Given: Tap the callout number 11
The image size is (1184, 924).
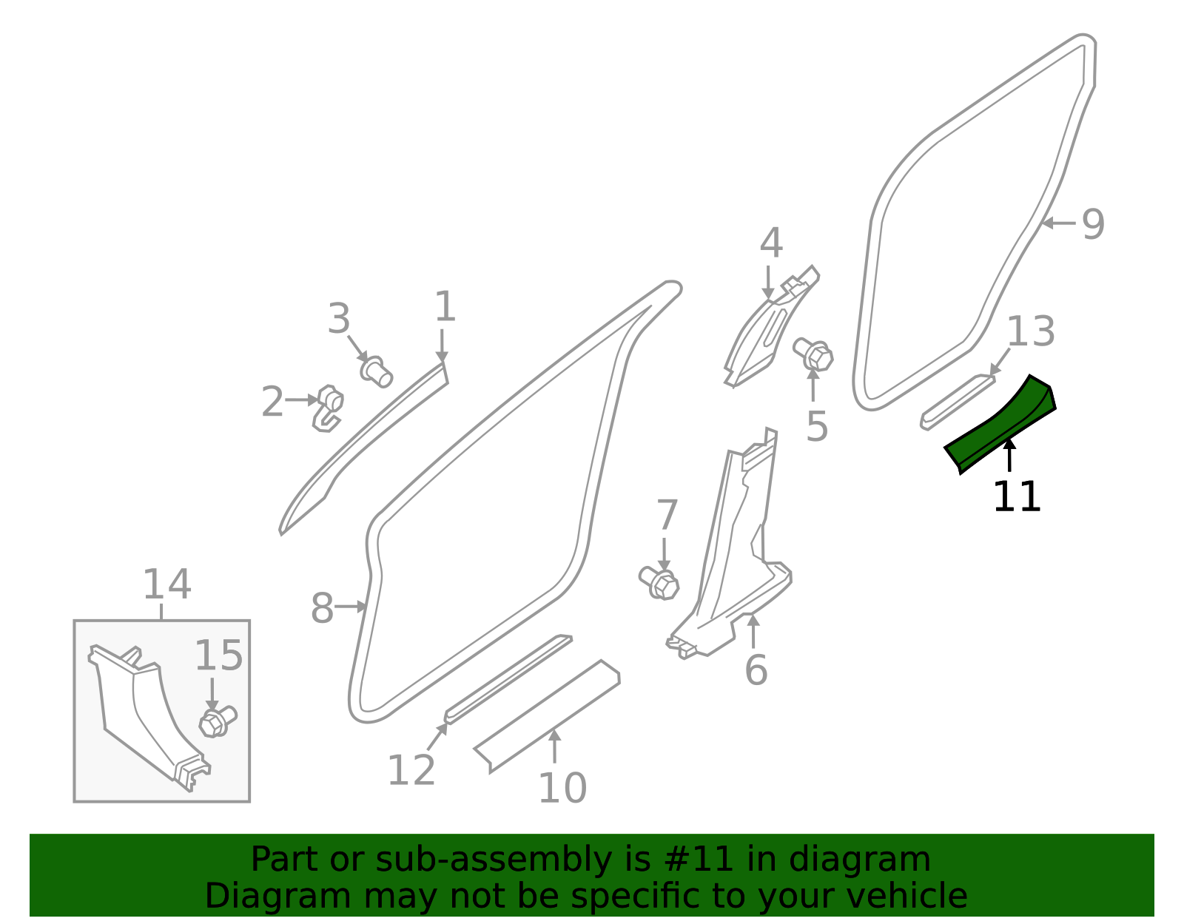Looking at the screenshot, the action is [1017, 496].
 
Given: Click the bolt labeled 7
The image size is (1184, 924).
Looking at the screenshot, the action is [659, 583].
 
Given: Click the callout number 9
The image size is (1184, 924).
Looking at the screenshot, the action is [1093, 224].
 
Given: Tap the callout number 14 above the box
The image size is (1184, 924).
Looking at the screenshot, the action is [167, 584].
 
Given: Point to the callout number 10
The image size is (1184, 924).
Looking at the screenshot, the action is [563, 788].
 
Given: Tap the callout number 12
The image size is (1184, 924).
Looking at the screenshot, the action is [411, 770].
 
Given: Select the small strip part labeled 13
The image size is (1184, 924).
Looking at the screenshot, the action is [958, 402].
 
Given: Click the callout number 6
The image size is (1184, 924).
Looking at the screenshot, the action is [756, 670].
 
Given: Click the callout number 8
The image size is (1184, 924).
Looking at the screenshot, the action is [322, 607].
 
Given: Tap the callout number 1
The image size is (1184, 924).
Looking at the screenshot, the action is [445, 306].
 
